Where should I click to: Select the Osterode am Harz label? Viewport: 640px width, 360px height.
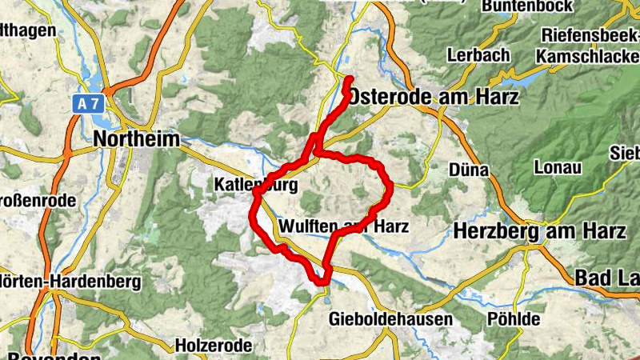pos(433,97)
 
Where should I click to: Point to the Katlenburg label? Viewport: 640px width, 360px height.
pos(255,185)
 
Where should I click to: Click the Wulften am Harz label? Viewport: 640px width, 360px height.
pos(344,226)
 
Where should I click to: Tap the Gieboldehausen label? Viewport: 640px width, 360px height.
pos(390,319)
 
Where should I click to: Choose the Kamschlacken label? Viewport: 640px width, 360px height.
pos(587,57)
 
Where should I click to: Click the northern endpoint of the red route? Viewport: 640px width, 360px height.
pos(350,78)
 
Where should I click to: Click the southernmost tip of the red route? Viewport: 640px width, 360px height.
pos(322,281)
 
